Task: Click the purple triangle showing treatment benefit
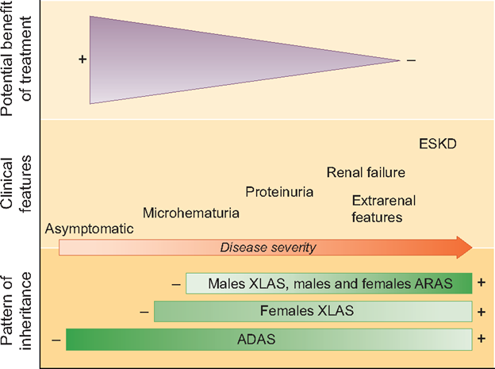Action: click(x=198, y=60)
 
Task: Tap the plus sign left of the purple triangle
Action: click(x=82, y=60)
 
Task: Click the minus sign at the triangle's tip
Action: click(x=410, y=60)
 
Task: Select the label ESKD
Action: click(x=438, y=144)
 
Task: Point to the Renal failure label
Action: click(x=366, y=172)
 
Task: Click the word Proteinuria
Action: click(x=279, y=192)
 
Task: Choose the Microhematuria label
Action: click(x=191, y=213)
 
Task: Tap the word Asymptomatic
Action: click(x=89, y=229)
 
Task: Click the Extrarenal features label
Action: click(x=377, y=208)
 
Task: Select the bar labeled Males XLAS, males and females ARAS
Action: click(x=329, y=283)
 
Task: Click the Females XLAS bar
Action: click(x=313, y=311)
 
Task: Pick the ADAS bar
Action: click(x=269, y=339)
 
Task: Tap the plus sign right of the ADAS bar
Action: click(x=481, y=339)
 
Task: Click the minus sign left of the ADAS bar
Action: click(x=56, y=340)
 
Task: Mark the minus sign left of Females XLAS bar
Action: click(x=144, y=312)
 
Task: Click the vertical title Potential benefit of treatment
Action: click(x=17, y=60)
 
